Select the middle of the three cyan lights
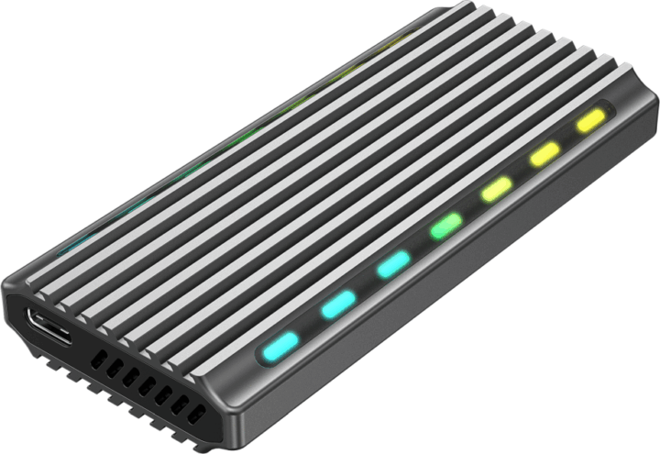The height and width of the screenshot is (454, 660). click(337, 304)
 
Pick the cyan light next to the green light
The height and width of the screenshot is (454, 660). click(392, 264)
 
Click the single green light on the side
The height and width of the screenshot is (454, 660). click(446, 225)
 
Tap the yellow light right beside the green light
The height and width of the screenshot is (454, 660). click(497, 189)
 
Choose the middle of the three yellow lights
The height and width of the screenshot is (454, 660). click(544, 153)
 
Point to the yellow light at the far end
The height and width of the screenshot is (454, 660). click(591, 119)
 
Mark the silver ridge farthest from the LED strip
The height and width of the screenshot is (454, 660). click(229, 128)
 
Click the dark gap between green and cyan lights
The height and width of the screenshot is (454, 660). click(420, 245)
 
